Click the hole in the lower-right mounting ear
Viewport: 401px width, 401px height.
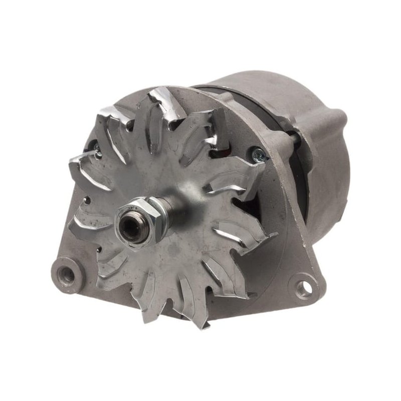pos(304,287)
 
